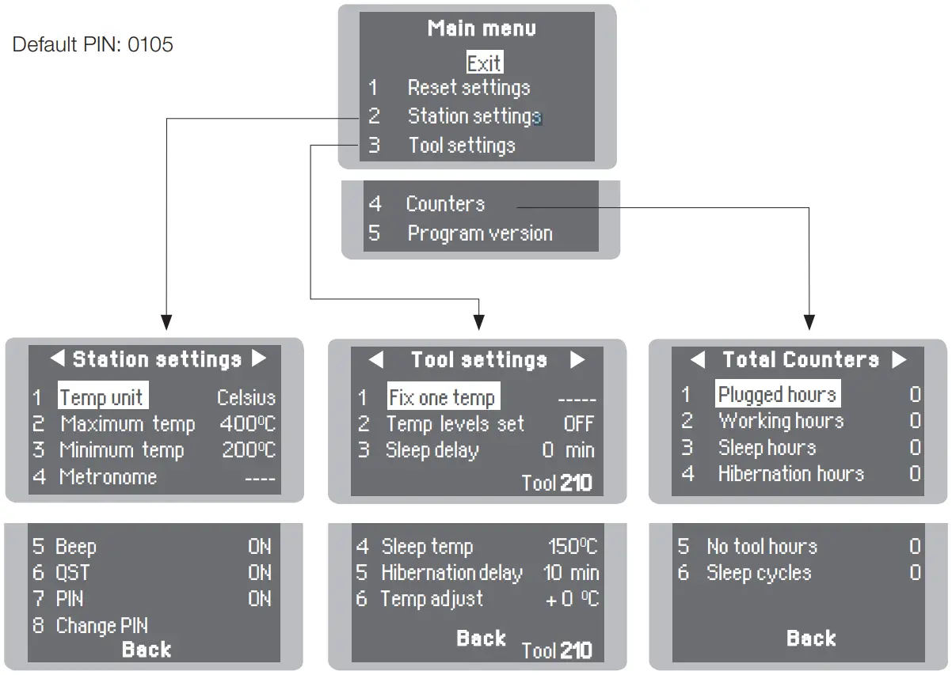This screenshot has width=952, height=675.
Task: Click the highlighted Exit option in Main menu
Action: point(484,63)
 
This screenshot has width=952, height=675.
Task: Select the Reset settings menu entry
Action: point(468,88)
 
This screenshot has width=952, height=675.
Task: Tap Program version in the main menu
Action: point(479,233)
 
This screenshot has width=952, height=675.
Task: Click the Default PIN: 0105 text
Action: point(93,44)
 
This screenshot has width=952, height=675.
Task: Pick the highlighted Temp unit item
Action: point(103,397)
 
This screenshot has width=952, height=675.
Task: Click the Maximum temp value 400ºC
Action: point(247,424)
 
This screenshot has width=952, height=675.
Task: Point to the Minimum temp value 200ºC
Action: point(248,450)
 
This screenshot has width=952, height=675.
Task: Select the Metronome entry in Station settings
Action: point(108,477)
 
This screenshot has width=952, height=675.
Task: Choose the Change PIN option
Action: point(101,626)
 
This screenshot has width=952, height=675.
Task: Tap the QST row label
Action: point(72,573)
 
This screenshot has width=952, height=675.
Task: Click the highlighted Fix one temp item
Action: point(442,397)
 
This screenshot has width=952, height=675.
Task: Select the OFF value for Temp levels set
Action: point(578,424)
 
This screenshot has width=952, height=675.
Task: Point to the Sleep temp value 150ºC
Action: point(573,547)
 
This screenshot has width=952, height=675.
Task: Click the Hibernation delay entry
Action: point(451,573)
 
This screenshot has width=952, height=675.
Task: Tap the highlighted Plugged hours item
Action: point(777,394)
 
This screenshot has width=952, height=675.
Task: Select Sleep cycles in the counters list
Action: point(758,573)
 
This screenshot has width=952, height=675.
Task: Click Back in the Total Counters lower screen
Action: point(810,638)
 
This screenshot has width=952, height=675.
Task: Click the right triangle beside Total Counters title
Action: point(899,360)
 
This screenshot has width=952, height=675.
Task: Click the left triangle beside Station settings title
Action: point(57,359)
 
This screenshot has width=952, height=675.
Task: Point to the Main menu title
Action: point(482,28)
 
